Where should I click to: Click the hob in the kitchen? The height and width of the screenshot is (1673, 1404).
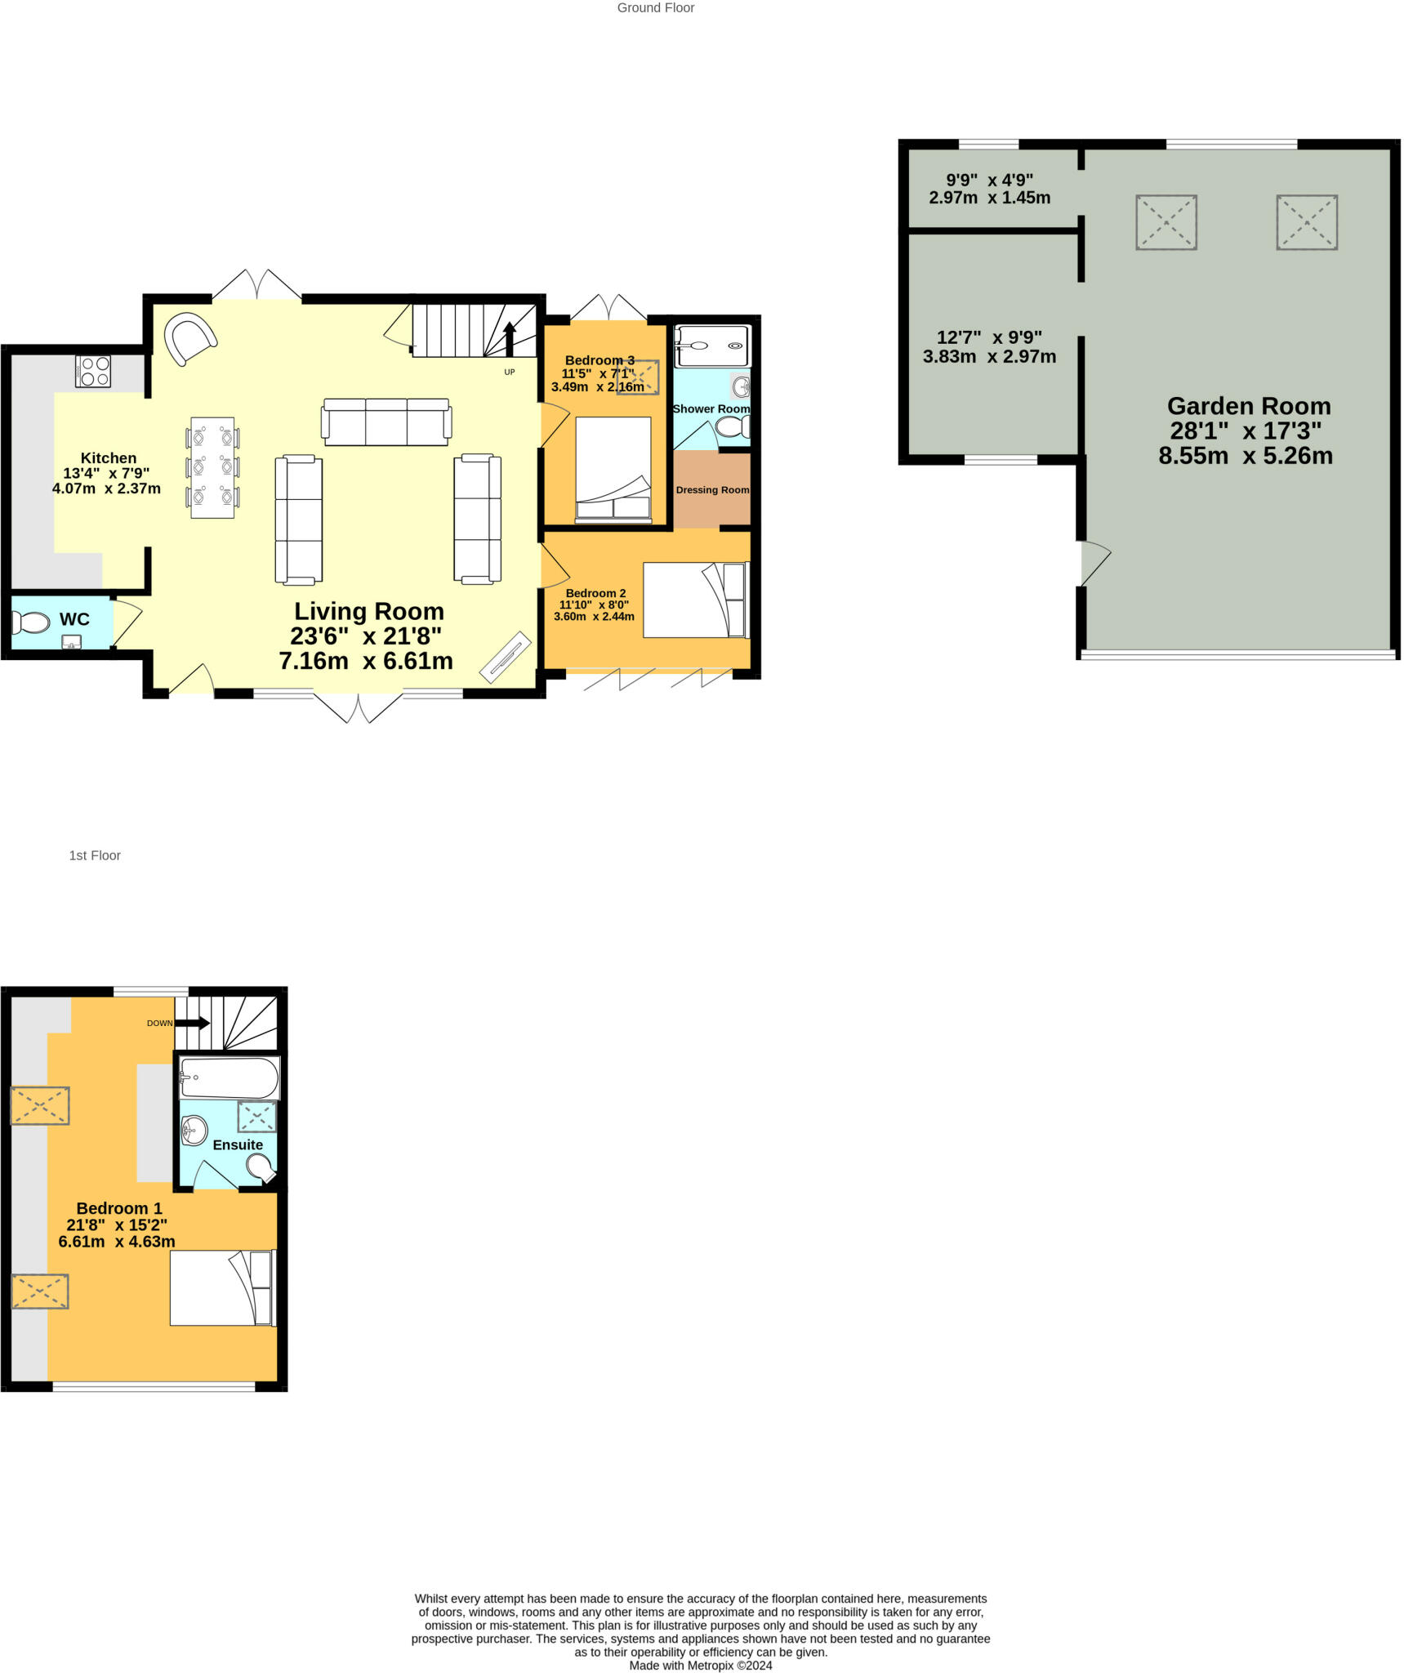click(x=93, y=371)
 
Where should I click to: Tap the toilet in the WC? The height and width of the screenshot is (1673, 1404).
click(x=31, y=622)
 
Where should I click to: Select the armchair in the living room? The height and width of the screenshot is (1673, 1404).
click(x=190, y=338)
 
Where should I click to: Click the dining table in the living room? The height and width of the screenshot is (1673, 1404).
click(x=212, y=467)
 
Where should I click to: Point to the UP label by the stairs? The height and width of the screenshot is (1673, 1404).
click(x=510, y=373)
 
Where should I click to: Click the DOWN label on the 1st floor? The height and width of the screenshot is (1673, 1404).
click(x=159, y=1023)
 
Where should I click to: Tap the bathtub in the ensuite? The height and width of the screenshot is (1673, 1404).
click(x=230, y=1078)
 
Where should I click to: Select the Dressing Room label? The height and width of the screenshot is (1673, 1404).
click(x=712, y=490)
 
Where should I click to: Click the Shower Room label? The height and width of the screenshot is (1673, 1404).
click(x=711, y=408)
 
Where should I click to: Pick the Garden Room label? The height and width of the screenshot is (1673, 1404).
click(x=1249, y=406)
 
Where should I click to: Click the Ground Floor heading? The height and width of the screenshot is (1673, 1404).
click(x=655, y=8)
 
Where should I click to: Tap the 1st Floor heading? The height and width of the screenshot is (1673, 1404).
click(x=95, y=855)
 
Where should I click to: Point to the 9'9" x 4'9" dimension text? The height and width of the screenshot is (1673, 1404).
click(x=989, y=189)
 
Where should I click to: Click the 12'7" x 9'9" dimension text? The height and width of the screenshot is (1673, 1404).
click(x=989, y=347)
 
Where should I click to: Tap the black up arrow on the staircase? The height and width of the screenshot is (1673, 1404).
click(x=510, y=337)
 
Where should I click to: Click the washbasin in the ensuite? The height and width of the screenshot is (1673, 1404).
click(x=194, y=1131)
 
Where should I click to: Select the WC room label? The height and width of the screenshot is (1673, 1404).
click(x=74, y=619)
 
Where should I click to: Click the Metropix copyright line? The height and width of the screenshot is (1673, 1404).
click(x=700, y=1665)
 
